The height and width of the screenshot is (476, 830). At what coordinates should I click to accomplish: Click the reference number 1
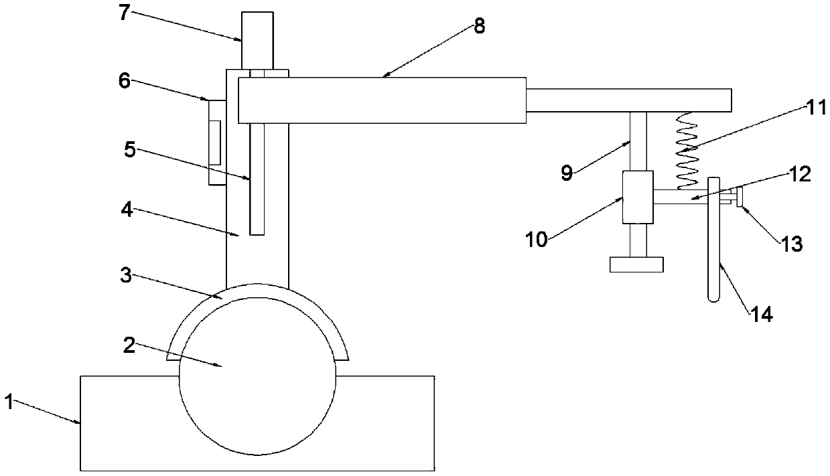[x=9, y=403]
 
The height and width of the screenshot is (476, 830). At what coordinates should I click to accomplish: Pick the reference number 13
[x=790, y=243]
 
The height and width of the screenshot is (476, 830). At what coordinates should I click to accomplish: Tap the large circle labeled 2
[x=258, y=388]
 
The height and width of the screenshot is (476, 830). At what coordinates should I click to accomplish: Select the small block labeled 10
[x=638, y=197]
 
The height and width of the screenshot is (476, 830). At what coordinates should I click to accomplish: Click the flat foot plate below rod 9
[x=636, y=264]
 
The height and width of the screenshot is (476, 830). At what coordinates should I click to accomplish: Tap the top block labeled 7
[x=257, y=40]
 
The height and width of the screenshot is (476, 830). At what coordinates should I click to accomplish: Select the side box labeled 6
[x=216, y=142]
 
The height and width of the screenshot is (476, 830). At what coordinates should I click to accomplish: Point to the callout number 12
[x=801, y=175]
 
